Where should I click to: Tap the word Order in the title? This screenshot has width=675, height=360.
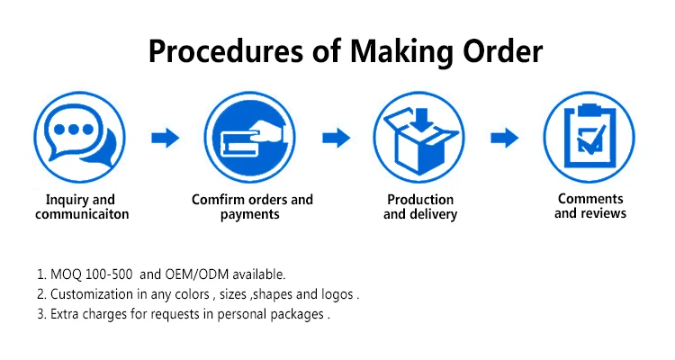pos(497,50)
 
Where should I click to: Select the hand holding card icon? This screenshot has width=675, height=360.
pos(251,137)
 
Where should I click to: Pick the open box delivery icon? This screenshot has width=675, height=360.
pos(420,137)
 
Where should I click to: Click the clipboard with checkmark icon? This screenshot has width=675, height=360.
pos(589,137)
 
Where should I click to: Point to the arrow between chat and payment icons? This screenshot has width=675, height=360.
pos(166,138)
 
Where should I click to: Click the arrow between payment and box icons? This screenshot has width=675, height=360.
pos(336,138)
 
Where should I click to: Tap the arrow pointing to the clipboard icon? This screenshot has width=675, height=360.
pos(505,138)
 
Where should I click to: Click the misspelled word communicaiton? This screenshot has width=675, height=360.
pos(82,215)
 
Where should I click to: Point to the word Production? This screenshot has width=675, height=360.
pos(420,200)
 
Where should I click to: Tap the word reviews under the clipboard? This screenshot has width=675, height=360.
pos(603,213)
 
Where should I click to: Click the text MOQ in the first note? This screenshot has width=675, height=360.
pos(64,274)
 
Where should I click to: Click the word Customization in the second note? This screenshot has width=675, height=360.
pos(92,294)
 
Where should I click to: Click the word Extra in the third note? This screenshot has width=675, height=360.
pos(66,315)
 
